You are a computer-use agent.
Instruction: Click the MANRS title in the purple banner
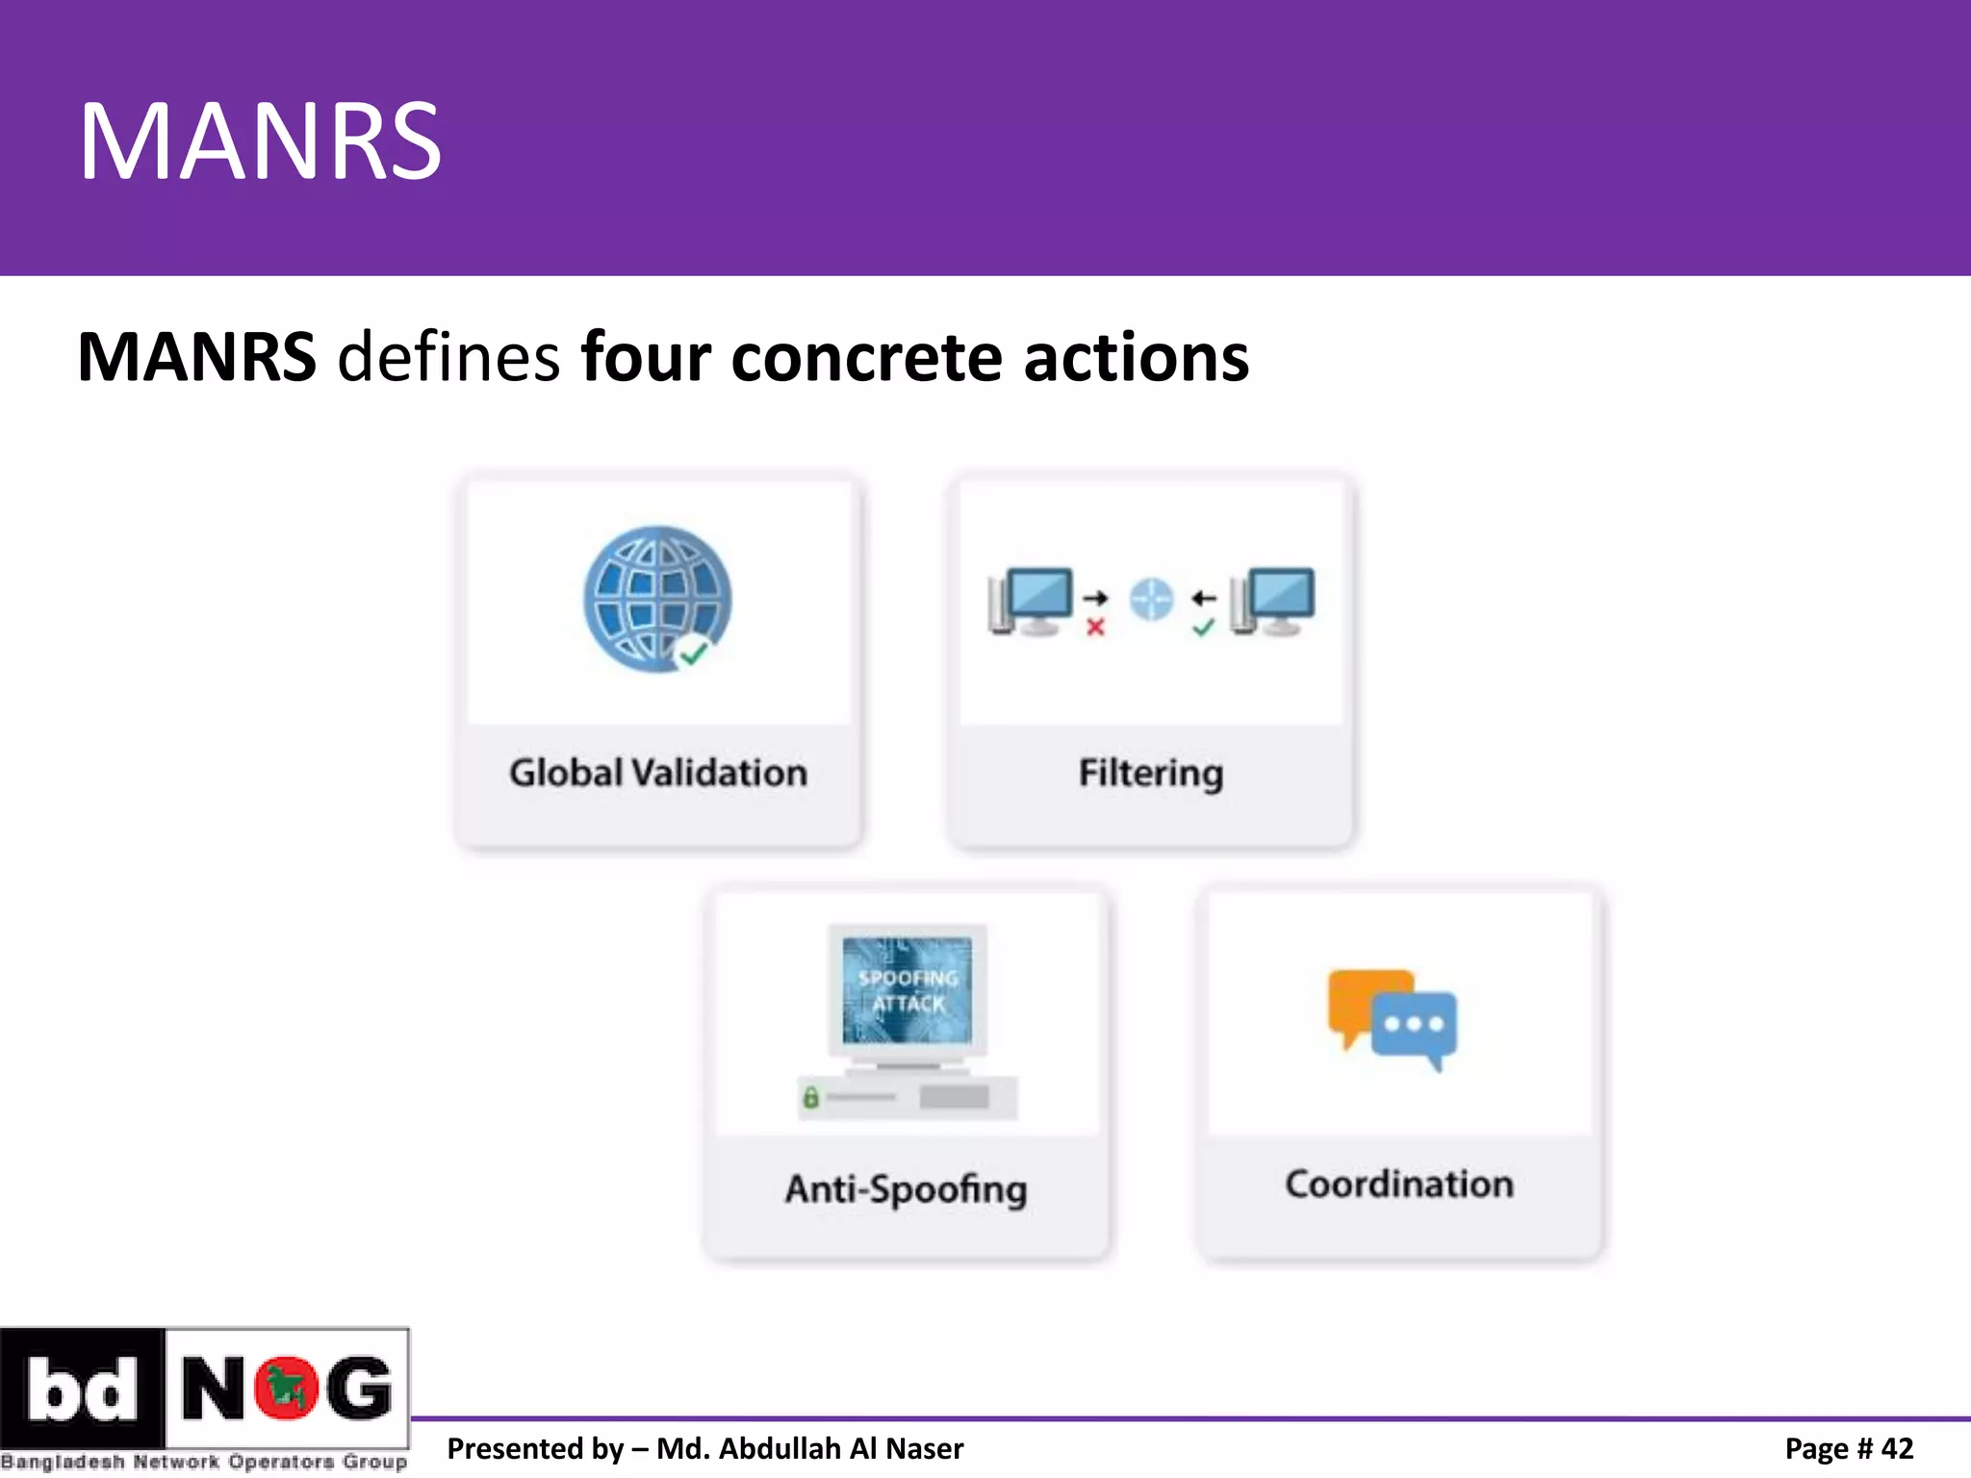click(260, 142)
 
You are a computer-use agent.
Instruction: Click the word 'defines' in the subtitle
click(448, 357)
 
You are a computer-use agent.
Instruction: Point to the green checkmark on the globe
click(693, 653)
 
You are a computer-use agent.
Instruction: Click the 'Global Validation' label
click(658, 773)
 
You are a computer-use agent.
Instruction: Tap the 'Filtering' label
click(1151, 773)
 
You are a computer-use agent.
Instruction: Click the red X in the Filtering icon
click(1095, 628)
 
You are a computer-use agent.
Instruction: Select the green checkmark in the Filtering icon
click(1203, 628)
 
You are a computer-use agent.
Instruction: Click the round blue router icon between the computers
click(1151, 599)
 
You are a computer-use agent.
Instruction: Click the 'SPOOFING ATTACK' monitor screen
click(908, 990)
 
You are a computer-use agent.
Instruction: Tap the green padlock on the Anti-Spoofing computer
click(810, 1097)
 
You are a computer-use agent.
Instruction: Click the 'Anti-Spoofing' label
click(907, 1189)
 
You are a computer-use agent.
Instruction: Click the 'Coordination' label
click(1399, 1185)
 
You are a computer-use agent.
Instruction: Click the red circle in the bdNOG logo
click(286, 1389)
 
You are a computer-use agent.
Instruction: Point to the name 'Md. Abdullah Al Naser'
click(809, 1448)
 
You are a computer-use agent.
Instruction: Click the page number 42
click(1897, 1448)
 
